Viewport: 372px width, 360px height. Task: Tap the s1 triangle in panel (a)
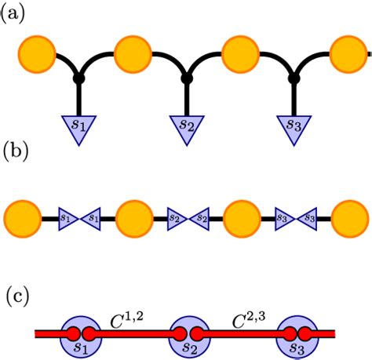(x=78, y=126)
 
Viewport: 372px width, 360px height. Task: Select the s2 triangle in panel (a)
(x=186, y=126)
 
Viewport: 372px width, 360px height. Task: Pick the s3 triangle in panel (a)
(x=294, y=126)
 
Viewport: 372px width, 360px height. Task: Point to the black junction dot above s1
(x=78, y=79)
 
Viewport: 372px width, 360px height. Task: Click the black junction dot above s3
(x=294, y=79)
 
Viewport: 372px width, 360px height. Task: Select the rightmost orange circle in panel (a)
(x=348, y=54)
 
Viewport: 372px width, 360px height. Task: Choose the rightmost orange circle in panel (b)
(x=348, y=216)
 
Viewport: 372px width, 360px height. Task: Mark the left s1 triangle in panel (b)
(x=66, y=216)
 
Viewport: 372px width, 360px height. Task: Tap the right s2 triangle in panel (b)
(x=199, y=216)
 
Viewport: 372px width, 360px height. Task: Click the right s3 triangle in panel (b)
(x=308, y=216)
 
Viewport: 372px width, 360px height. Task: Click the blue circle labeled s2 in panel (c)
(x=189, y=335)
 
